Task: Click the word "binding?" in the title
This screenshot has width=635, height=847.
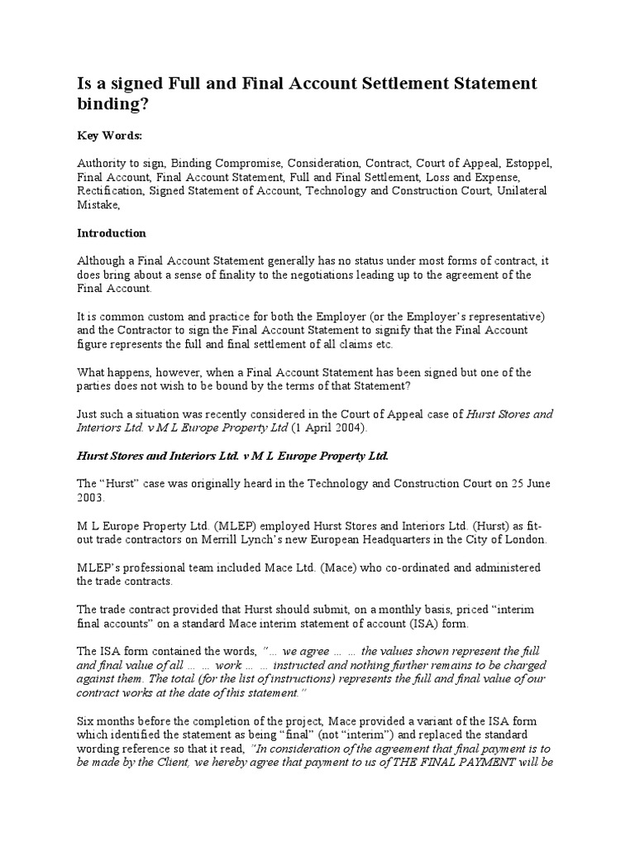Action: [115, 106]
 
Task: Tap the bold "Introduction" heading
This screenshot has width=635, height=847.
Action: [112, 232]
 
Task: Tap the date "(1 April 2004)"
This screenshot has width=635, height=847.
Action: [327, 428]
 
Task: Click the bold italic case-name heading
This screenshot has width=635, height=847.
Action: [232, 456]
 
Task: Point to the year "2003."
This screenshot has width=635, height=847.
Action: [92, 498]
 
